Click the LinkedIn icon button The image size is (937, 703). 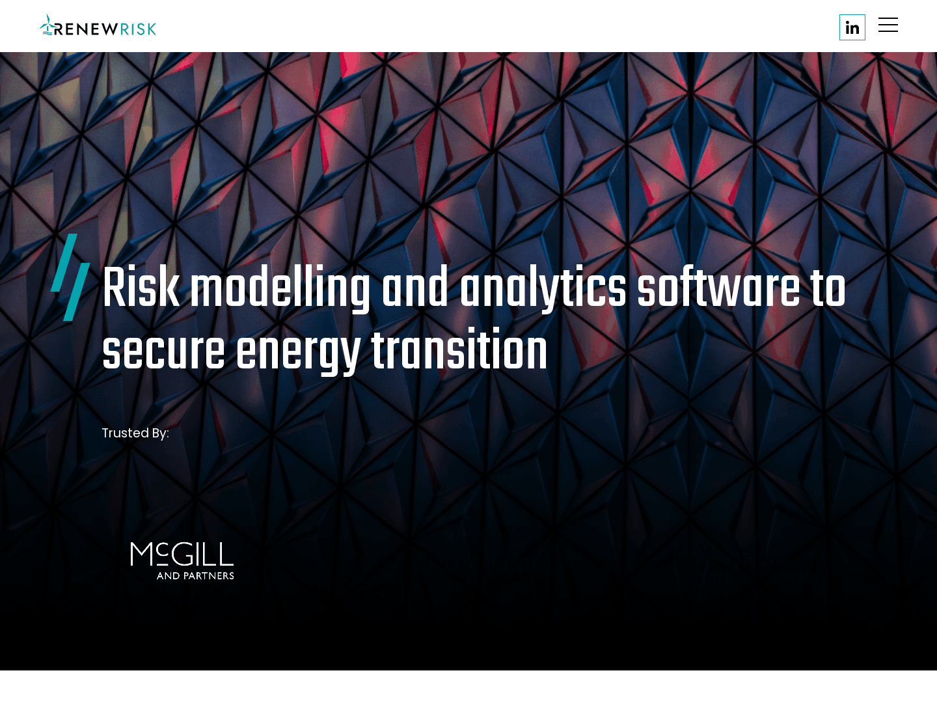point(852,27)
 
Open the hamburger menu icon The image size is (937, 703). point(888,25)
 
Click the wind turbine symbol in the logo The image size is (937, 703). point(47,25)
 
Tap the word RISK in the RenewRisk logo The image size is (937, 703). point(138,29)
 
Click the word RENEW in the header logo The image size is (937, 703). point(87,29)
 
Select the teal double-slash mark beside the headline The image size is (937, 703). point(70,277)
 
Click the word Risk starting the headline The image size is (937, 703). point(141,288)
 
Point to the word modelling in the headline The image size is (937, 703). point(280,288)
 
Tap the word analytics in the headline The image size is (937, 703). point(543,288)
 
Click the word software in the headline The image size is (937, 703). point(718,288)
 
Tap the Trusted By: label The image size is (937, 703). point(135,433)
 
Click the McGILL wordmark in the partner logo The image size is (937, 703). point(182,555)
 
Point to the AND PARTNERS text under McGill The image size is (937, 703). point(195,575)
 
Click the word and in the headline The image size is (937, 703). point(415,288)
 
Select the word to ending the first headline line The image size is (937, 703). point(828,288)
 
